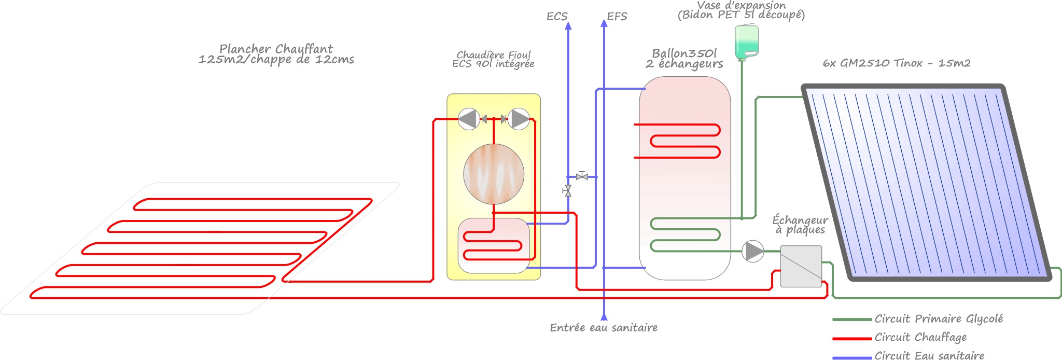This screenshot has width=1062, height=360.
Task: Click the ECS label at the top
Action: [557, 17]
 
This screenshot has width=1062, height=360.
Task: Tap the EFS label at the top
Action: [617, 17]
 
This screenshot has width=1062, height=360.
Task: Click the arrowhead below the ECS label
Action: [568, 26]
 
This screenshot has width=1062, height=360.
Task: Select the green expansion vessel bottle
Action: [747, 41]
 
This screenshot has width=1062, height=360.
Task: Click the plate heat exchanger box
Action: [801, 266]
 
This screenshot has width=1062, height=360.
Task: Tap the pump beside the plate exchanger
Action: [752, 251]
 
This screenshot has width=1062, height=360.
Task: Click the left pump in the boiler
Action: [468, 119]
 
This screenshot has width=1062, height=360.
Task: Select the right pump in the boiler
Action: [519, 119]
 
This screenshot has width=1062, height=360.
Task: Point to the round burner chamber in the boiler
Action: [494, 174]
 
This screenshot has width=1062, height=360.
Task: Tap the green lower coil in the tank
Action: [684, 235]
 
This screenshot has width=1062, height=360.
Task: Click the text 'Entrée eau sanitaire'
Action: [604, 328]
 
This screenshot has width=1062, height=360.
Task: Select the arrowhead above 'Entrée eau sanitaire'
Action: [604, 316]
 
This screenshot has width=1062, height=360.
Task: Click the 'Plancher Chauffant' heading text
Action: [276, 49]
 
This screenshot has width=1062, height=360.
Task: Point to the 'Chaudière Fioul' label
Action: [493, 54]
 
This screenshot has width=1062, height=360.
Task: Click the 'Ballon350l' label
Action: [684, 53]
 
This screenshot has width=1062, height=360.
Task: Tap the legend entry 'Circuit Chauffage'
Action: [920, 338]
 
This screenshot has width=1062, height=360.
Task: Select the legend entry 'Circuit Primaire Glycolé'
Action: [939, 319]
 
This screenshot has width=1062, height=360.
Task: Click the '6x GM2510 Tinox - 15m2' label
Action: [897, 63]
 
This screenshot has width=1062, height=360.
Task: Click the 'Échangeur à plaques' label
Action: [800, 225]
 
